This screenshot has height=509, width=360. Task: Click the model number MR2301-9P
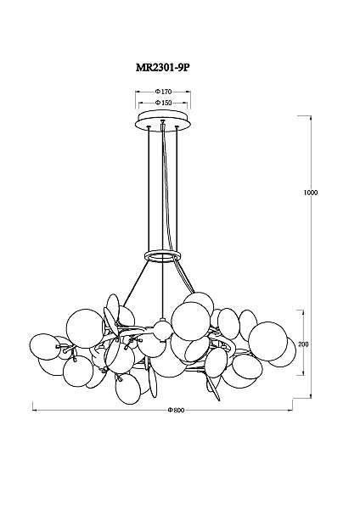tap(162, 68)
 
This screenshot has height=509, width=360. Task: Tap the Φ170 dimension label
tap(163, 92)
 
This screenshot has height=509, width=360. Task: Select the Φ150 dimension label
tap(163, 103)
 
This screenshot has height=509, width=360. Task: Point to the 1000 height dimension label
tap(311, 193)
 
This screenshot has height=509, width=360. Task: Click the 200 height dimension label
tap(303, 344)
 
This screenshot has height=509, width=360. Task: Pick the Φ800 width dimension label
tap(176, 411)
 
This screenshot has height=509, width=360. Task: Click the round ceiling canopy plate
tap(163, 120)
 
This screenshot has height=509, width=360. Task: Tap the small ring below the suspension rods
tap(162, 256)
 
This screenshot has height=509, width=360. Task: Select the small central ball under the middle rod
tap(162, 330)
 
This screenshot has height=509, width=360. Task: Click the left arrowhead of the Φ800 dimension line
tap(35, 411)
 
